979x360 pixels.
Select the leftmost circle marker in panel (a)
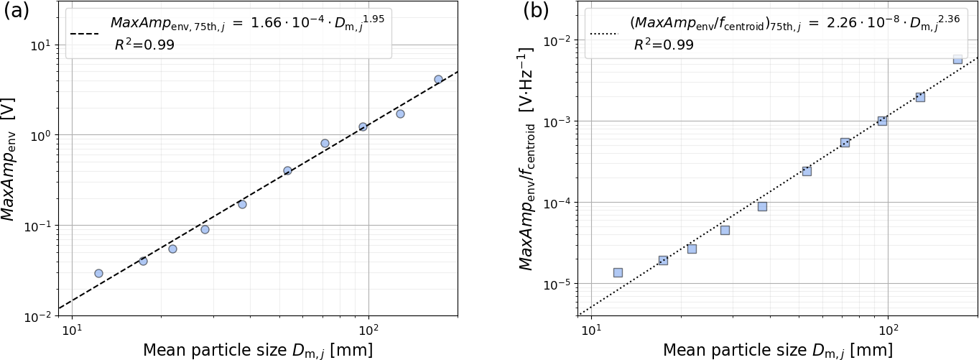point(98,273)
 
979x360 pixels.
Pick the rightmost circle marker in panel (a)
point(438,79)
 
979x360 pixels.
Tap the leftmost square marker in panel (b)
point(618,272)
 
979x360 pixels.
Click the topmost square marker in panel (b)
point(957,59)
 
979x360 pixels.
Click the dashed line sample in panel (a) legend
point(85,34)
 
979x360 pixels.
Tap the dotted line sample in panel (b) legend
point(604,34)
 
